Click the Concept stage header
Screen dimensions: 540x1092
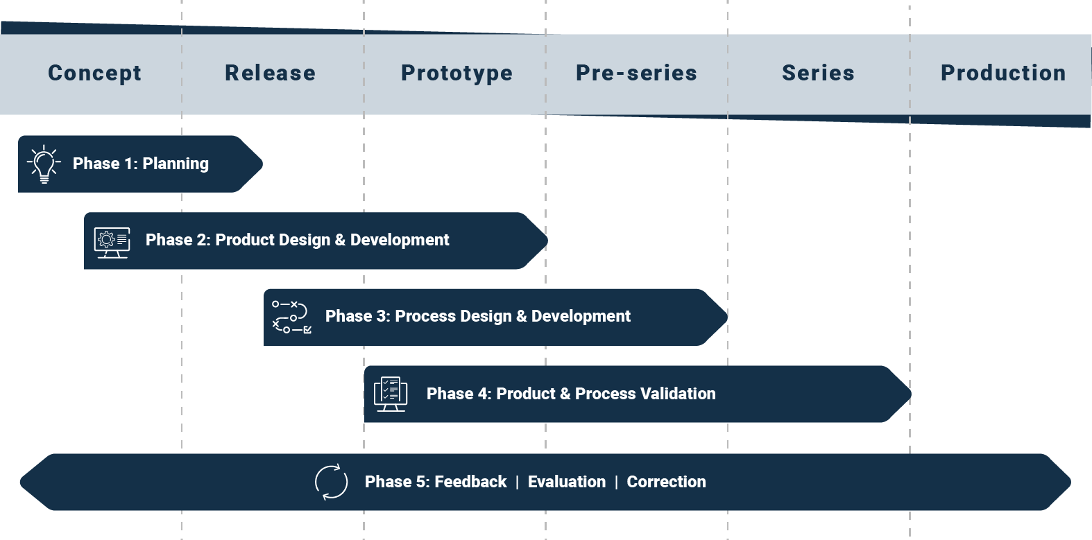tap(94, 73)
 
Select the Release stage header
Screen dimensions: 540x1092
tap(270, 73)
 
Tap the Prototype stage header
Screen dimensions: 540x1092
tap(457, 73)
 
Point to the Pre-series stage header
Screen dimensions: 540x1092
tap(636, 73)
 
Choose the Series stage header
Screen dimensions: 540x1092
tap(818, 73)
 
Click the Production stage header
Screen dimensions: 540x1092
tap(1003, 73)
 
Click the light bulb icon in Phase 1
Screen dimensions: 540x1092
tap(44, 164)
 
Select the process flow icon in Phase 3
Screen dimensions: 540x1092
tap(291, 317)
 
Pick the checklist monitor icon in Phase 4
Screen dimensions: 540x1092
tap(391, 394)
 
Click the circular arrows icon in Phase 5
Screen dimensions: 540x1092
tap(332, 482)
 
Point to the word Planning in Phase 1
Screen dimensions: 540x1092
tap(176, 164)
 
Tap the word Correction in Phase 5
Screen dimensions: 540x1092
tap(666, 482)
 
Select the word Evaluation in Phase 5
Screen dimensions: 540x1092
tap(566, 482)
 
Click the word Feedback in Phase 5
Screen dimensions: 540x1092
tap(470, 482)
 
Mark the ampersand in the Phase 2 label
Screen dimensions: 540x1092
tap(340, 240)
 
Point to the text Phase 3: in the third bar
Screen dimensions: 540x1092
tap(357, 316)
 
